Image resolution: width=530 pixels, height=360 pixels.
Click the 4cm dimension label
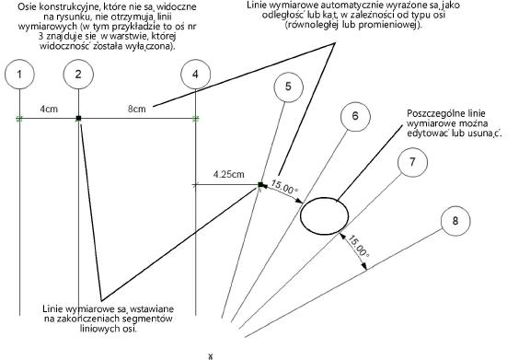49,109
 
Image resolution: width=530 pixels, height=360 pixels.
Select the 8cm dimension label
137,109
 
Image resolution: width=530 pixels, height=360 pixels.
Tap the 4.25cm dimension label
228,175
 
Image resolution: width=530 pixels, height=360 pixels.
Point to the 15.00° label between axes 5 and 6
284,188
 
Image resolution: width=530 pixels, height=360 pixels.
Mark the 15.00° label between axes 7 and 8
358,247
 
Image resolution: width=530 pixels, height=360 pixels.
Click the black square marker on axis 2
79,118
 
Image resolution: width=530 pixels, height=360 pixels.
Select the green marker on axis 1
19,119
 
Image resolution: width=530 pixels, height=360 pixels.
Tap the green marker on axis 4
196,119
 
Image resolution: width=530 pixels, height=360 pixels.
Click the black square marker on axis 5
260,185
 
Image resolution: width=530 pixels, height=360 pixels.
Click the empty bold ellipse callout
301,215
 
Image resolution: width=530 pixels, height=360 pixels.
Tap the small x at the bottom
211,356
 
